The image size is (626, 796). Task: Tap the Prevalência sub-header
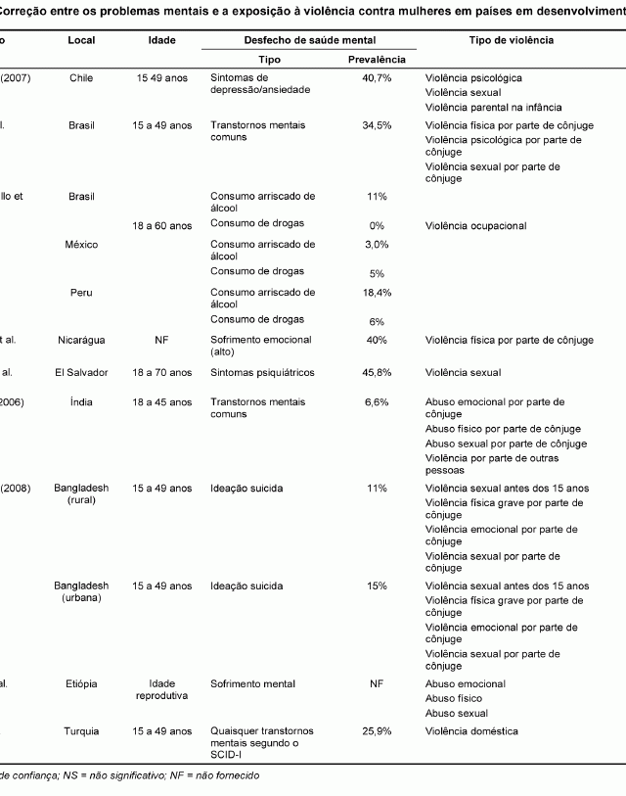[377, 60]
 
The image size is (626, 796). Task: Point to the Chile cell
[81, 77]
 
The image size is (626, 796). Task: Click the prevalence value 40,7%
[377, 77]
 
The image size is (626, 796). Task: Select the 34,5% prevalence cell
[377, 126]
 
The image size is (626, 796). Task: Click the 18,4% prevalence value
[377, 293]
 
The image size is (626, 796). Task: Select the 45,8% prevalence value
[377, 372]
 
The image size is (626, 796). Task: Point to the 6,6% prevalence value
[377, 402]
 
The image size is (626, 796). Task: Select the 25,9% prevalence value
[377, 731]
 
